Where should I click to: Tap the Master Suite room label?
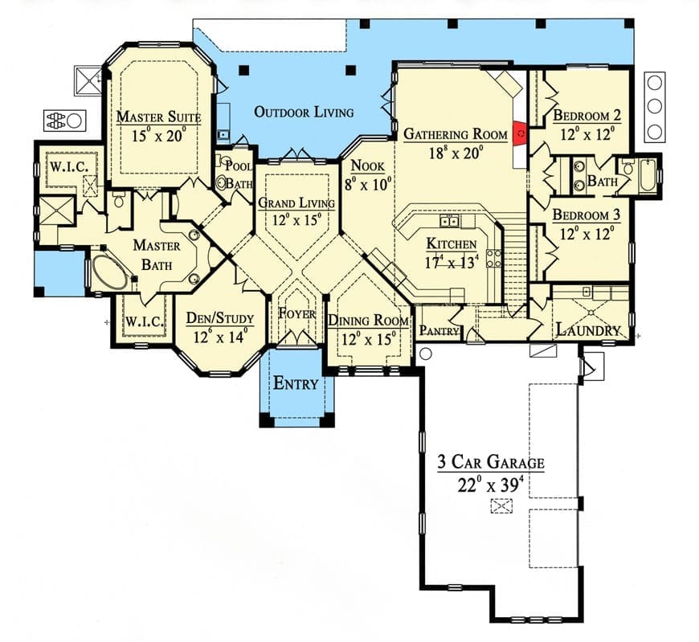pyautogui.click(x=159, y=117)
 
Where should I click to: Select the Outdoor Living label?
pyautogui.click(x=304, y=112)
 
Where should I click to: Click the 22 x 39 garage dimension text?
pyautogui.click(x=490, y=485)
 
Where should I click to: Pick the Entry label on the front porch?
pyautogui.click(x=296, y=383)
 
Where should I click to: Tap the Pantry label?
pyautogui.click(x=439, y=331)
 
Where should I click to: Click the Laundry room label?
pyautogui.click(x=588, y=330)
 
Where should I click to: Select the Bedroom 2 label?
pyautogui.click(x=587, y=115)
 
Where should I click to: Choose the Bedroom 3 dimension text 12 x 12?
pyautogui.click(x=587, y=234)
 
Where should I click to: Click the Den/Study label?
pyautogui.click(x=220, y=318)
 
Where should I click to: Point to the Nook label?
pyautogui.click(x=368, y=166)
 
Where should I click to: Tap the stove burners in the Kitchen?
pyautogui.click(x=494, y=258)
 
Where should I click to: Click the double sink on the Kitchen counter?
pyautogui.click(x=449, y=221)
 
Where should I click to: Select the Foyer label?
pyautogui.click(x=297, y=314)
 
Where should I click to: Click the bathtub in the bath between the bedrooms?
pyautogui.click(x=648, y=177)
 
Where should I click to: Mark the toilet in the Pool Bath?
pyautogui.click(x=222, y=182)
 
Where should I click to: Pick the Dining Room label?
pyautogui.click(x=368, y=321)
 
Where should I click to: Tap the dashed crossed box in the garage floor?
pyautogui.click(x=501, y=506)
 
